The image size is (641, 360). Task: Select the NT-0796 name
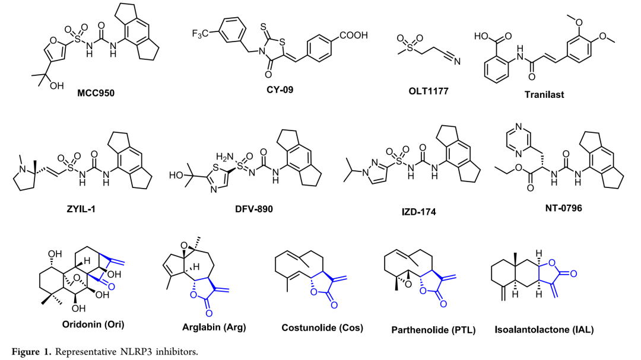[555, 210]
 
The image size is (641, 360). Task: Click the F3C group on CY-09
[200, 32]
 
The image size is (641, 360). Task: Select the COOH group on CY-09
[353, 36]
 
